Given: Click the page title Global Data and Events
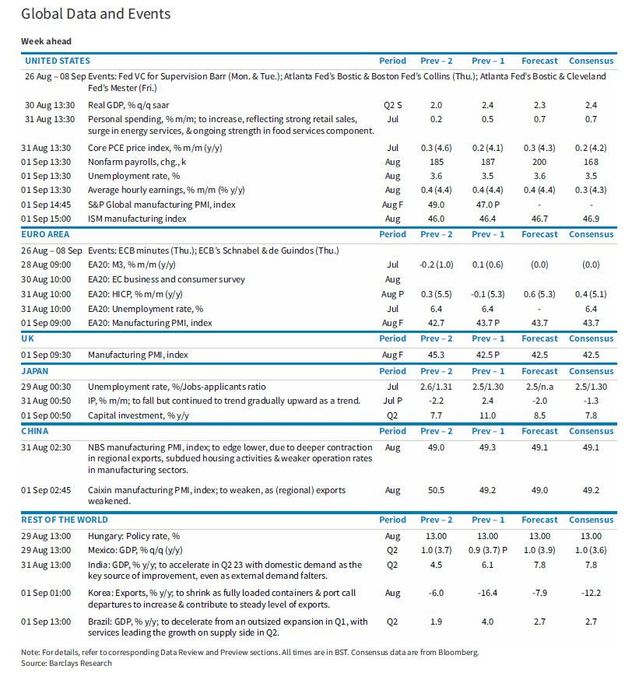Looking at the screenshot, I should [96, 14].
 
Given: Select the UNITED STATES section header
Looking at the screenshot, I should [58, 61].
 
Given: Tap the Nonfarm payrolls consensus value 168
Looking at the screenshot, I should [591, 162].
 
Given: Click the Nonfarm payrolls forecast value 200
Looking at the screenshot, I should [539, 162].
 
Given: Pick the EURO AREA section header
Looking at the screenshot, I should [47, 234].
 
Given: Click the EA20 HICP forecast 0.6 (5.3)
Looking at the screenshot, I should [539, 293].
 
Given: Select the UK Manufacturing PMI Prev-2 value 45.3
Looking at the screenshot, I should [436, 355].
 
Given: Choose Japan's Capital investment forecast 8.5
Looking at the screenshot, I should [539, 415].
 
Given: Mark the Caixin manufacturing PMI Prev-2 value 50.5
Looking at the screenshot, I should [436, 491].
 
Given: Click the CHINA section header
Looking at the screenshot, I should [36, 431].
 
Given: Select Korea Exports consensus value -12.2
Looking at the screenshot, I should [591, 594].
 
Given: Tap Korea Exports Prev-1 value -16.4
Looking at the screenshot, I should [487, 594].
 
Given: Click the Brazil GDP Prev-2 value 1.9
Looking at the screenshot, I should [436, 622].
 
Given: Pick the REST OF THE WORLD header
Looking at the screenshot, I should [67, 520].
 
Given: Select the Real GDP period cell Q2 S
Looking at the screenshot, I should [392, 104].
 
